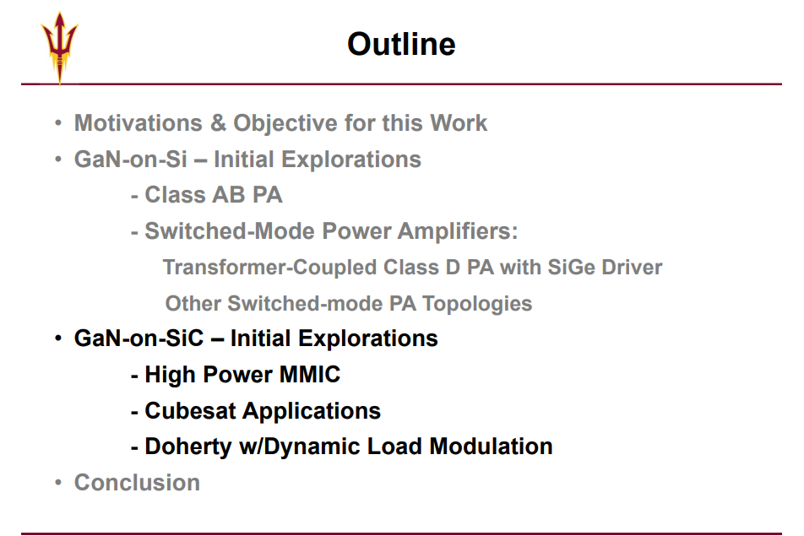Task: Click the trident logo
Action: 59,48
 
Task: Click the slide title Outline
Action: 401,44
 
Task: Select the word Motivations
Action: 139,123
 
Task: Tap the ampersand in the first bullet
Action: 218,123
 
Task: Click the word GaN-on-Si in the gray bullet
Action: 130,160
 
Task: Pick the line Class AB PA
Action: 207,195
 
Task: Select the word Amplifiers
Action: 458,231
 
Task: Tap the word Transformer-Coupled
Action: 269,268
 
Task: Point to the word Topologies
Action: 477,305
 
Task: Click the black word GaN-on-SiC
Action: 139,338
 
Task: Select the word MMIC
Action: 310,375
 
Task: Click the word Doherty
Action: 188,447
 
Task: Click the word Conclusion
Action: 137,483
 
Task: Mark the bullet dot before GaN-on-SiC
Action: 58,338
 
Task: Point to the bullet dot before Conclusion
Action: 58,482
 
